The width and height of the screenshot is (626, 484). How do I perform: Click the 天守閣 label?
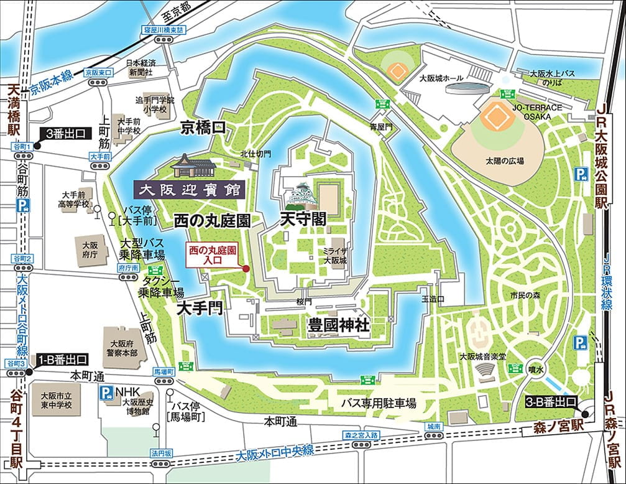click(304, 220)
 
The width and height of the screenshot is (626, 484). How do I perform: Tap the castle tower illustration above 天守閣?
click(301, 195)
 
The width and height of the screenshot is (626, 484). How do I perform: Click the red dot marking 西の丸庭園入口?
click(246, 269)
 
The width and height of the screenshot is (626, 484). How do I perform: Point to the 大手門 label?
click(200, 309)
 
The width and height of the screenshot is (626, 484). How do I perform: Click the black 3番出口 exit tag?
click(67, 133)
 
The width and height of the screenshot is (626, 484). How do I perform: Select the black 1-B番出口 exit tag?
click(63, 360)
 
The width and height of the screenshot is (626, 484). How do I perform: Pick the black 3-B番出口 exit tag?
click(551, 401)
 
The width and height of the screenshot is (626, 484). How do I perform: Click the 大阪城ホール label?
click(441, 78)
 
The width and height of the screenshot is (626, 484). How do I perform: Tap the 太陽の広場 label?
click(505, 161)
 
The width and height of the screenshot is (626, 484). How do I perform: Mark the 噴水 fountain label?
click(536, 370)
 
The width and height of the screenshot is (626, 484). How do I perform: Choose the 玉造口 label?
click(433, 299)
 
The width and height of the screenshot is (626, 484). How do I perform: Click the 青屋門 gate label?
click(381, 126)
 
